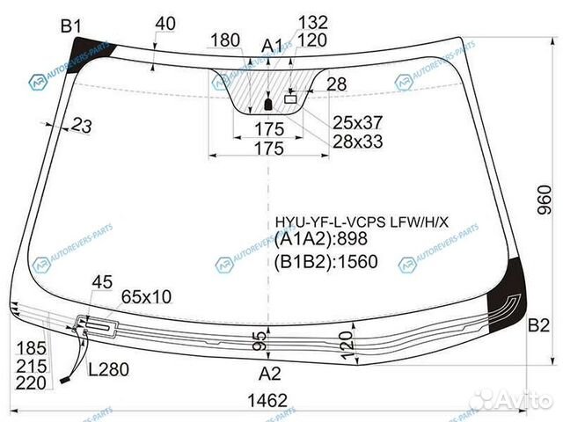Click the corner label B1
click(x=70, y=26)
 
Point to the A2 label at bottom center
click(x=269, y=372)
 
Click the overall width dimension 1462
click(x=267, y=401)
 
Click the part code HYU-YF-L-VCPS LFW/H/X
click(x=362, y=221)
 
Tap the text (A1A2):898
click(x=320, y=238)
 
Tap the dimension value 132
click(x=312, y=22)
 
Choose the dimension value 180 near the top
click(x=225, y=40)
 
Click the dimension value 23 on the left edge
click(x=83, y=127)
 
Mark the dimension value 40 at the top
click(x=165, y=24)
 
